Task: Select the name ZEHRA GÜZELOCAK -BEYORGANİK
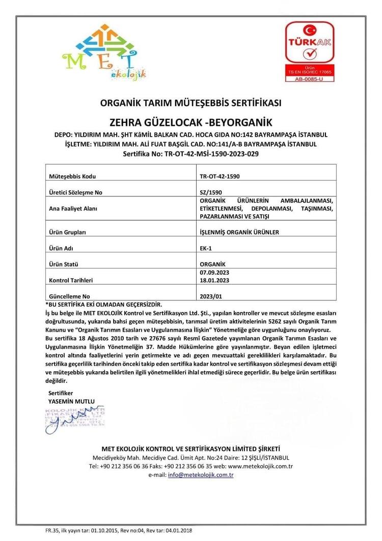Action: click(x=190, y=122)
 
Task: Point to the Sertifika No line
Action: click(x=190, y=153)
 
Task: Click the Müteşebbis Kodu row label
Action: click(x=72, y=176)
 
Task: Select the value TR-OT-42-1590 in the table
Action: click(x=220, y=176)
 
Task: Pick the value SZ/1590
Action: click(x=211, y=192)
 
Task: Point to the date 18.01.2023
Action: click(x=215, y=280)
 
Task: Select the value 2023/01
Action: click(x=212, y=296)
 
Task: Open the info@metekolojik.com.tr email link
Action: click(x=201, y=475)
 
